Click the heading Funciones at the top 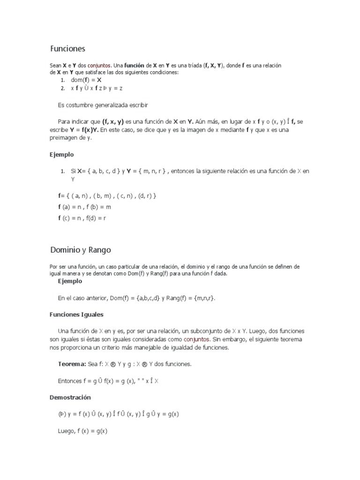pyautogui.click(x=67, y=49)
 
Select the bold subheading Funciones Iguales pyautogui.click(x=76, y=314)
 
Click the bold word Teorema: pyautogui.click(x=72, y=364)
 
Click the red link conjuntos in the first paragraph pyautogui.click(x=99, y=66)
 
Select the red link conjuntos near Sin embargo pyautogui.click(x=196, y=339)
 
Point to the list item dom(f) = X pyautogui.click(x=86, y=80)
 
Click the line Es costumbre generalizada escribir pyautogui.click(x=103, y=104)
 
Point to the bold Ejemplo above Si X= pyautogui.click(x=62, y=154)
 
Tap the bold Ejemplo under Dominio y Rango pyautogui.click(x=70, y=281)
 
